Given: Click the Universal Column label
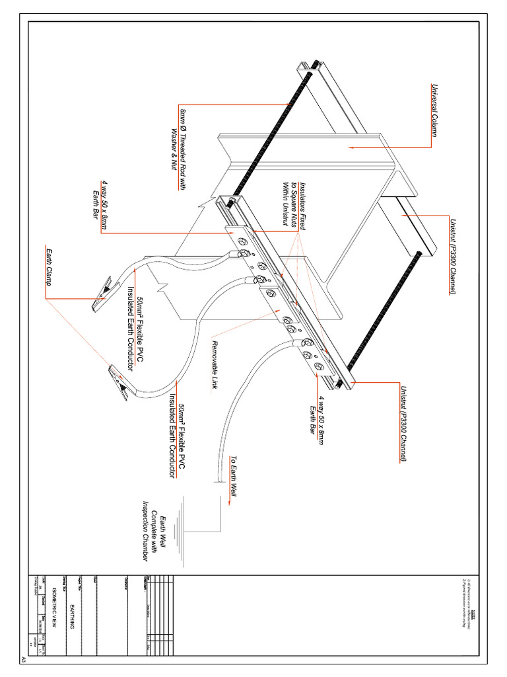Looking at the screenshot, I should (435, 110).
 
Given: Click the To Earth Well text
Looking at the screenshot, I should (233, 476).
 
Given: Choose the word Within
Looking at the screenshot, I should (287, 192).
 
